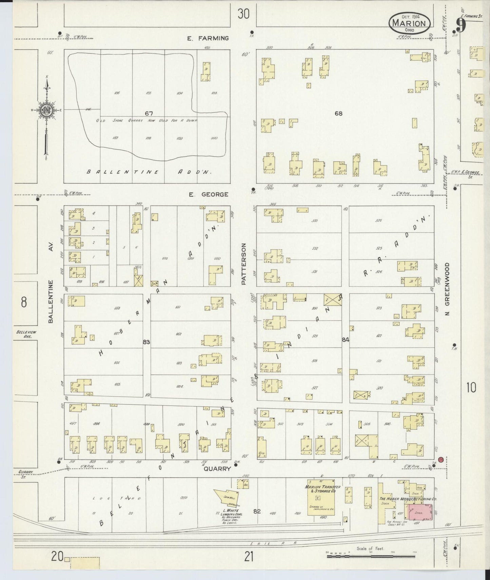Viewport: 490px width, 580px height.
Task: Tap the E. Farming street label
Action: point(208,38)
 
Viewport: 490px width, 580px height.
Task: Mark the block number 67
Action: point(149,113)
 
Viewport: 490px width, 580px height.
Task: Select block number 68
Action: point(338,113)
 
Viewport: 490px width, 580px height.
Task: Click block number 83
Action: point(146,342)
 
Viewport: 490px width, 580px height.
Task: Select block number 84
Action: point(346,340)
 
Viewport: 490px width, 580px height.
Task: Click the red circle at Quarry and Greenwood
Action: point(441,460)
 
